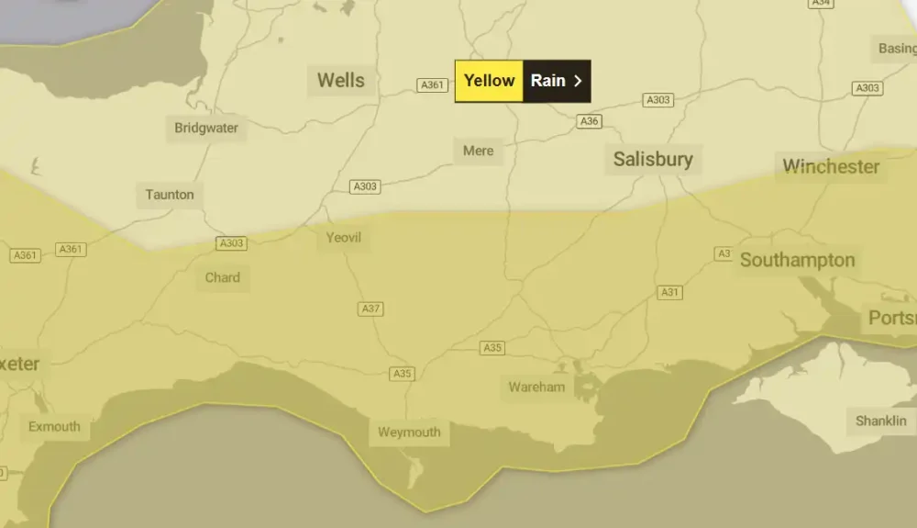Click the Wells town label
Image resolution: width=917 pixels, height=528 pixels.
(340, 81)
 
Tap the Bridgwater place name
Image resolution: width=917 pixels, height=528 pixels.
(206, 129)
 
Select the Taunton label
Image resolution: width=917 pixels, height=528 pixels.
(170, 195)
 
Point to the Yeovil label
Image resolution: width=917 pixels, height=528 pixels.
(344, 238)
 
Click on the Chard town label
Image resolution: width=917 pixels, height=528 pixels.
(223, 277)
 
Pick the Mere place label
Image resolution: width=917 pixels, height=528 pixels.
(478, 151)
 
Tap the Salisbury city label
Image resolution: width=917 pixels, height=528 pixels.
(653, 160)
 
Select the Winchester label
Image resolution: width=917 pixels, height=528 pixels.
(831, 167)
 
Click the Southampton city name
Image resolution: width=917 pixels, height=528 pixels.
(797, 260)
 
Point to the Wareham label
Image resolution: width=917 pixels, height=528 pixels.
(536, 387)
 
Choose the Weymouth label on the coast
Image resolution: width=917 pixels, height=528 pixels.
(409, 432)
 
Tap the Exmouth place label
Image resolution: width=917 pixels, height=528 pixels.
(54, 427)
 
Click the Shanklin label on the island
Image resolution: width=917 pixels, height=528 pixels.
(880, 421)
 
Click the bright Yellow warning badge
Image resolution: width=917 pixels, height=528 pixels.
(489, 81)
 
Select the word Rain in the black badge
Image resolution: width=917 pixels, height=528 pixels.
(548, 81)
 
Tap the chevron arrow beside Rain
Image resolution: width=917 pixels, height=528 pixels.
(578, 81)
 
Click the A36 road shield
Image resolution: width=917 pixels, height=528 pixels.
(590, 121)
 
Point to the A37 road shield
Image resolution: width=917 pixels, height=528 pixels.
(370, 309)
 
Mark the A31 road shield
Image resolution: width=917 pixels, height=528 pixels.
(670, 292)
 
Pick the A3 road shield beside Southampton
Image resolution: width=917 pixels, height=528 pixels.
(724, 253)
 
